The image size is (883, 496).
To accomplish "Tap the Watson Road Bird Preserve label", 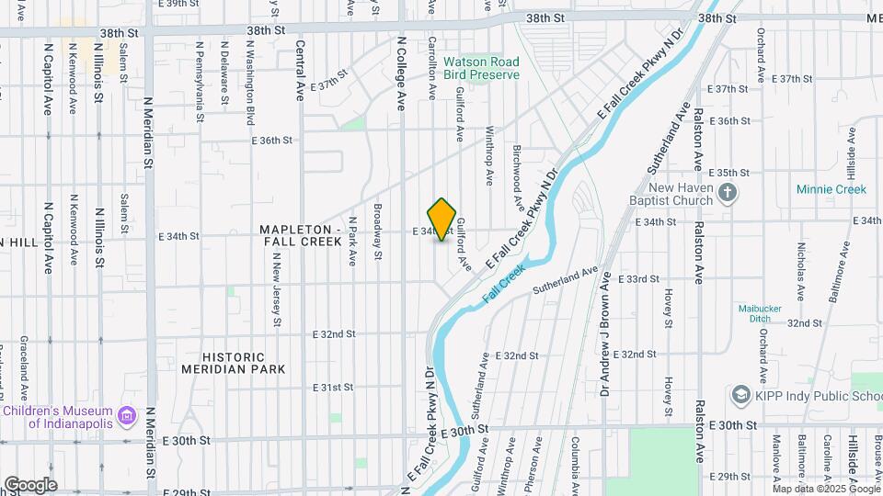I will coord(481,68).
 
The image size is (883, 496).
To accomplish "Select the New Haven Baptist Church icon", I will coord(728,193).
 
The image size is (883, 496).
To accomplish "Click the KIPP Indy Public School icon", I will coord(740,395).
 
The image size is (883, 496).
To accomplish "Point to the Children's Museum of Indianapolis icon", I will coord(128,416).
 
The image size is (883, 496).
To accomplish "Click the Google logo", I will coord(29,484).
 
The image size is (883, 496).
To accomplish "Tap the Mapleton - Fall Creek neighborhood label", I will coord(301,235).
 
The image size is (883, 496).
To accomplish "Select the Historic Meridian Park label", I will coord(234,363).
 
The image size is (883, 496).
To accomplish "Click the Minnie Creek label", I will coord(831,190).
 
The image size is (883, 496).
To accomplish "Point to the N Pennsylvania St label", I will coord(200,81).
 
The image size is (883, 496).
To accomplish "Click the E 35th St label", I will coord(733,173).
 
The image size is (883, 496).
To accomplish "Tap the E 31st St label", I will coord(333,388).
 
